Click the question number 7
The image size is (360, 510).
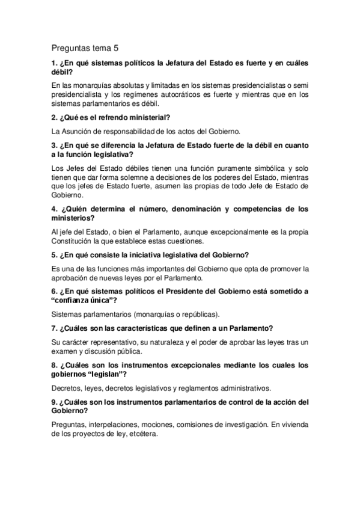55,328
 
